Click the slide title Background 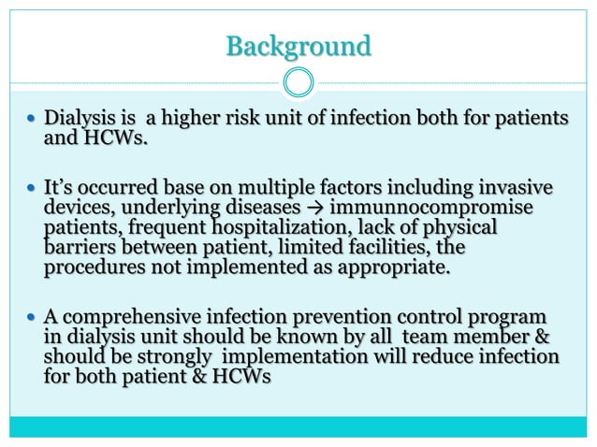[298, 44]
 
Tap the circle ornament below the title [298, 82]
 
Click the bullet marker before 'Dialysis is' [34, 122]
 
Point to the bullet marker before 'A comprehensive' [34, 318]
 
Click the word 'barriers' [80, 249]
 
